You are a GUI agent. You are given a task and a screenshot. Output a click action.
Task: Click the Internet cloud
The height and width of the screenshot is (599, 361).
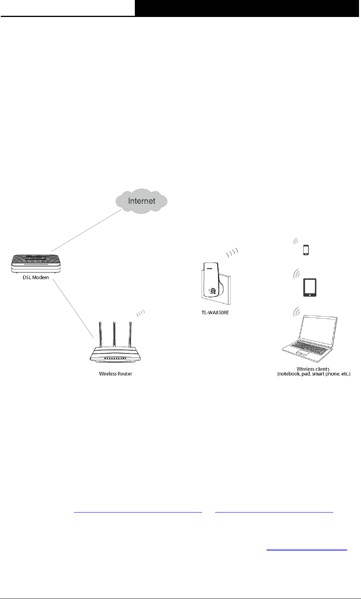141,201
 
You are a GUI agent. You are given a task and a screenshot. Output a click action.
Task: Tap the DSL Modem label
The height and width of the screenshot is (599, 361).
36,278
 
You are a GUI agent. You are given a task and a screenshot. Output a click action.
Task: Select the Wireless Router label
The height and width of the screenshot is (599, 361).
115,374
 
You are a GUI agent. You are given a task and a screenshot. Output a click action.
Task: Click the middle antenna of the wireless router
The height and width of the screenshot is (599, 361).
114,336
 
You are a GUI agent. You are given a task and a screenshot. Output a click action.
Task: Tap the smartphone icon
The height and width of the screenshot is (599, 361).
306,250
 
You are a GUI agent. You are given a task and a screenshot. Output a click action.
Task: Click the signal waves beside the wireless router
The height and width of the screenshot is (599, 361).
141,314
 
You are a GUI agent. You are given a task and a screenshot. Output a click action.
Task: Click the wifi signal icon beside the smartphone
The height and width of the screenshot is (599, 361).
295,241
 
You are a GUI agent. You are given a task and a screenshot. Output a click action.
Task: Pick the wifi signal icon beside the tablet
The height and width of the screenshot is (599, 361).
296,273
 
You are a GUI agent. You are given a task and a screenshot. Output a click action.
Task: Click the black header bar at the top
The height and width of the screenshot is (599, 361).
248,8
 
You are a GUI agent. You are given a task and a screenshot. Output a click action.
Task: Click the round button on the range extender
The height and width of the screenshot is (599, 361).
214,290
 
